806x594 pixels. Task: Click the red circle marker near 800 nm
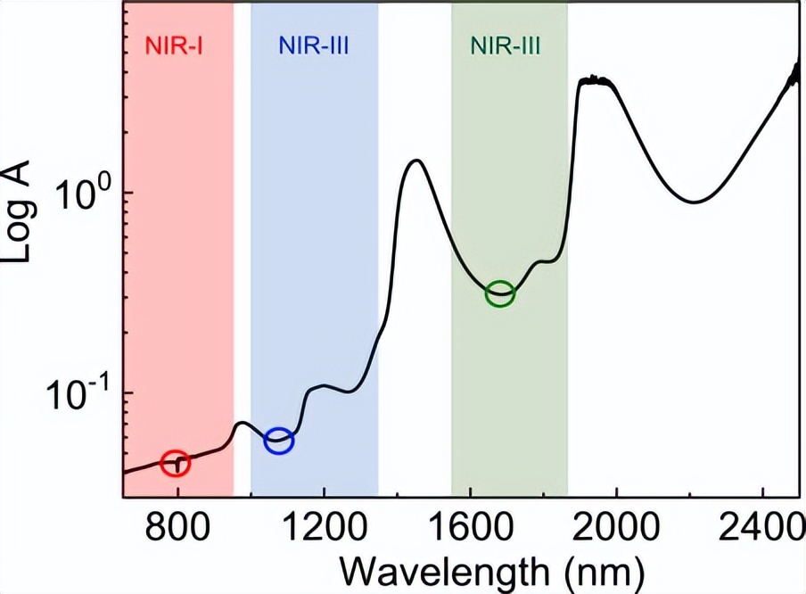pyautogui.click(x=177, y=462)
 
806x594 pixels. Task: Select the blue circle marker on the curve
pyautogui.click(x=279, y=440)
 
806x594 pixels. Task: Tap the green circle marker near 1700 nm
pyautogui.click(x=501, y=293)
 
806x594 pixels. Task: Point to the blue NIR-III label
pyautogui.click(x=313, y=45)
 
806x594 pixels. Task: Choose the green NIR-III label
pyautogui.click(x=506, y=45)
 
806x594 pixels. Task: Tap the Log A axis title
pyautogui.click(x=20, y=218)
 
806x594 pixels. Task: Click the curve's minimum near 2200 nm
pyautogui.click(x=694, y=202)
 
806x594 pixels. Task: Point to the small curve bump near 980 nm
pyautogui.click(x=242, y=423)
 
